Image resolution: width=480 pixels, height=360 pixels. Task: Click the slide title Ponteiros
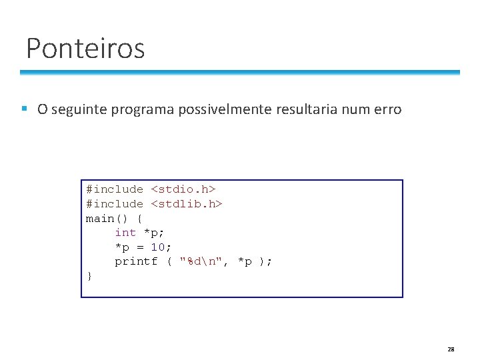click(x=85, y=49)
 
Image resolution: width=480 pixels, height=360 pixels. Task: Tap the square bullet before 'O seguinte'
click(x=24, y=109)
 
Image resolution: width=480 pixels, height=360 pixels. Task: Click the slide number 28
click(x=451, y=349)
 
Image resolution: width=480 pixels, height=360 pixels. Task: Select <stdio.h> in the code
click(x=183, y=189)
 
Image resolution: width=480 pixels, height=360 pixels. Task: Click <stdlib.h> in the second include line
click(x=187, y=204)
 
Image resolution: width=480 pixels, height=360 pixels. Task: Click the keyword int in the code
click(x=125, y=233)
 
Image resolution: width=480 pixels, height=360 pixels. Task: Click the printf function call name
click(x=136, y=261)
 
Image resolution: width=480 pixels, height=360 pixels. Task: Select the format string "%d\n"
click(x=201, y=261)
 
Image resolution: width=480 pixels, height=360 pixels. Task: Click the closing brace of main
click(x=89, y=276)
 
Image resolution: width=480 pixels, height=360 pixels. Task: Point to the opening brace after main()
click(x=139, y=219)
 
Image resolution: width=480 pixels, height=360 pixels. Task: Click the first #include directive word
click(x=114, y=189)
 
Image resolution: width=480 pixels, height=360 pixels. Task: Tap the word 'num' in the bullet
click(x=355, y=109)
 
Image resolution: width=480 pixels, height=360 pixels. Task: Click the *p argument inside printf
click(x=245, y=261)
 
